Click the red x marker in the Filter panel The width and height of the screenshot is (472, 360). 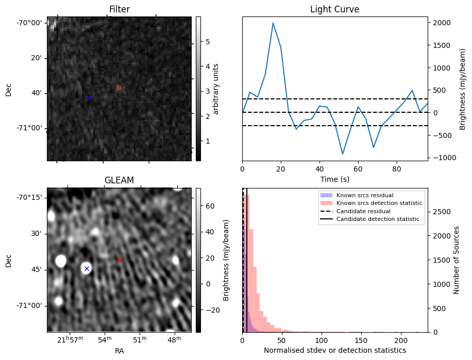tap(119, 88)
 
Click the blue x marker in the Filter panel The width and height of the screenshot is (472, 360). tap(88, 97)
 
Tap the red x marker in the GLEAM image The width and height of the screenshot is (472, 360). tap(119, 260)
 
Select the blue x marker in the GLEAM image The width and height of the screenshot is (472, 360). tap(87, 268)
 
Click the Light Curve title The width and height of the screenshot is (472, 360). tap(334, 10)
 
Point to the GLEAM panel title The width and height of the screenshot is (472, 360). tap(119, 180)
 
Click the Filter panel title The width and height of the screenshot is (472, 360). tap(119, 10)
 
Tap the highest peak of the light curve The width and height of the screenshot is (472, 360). tap(273, 23)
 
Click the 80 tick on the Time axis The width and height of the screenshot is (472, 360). tap(397, 168)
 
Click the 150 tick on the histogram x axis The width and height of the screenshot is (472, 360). tap(361, 340)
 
